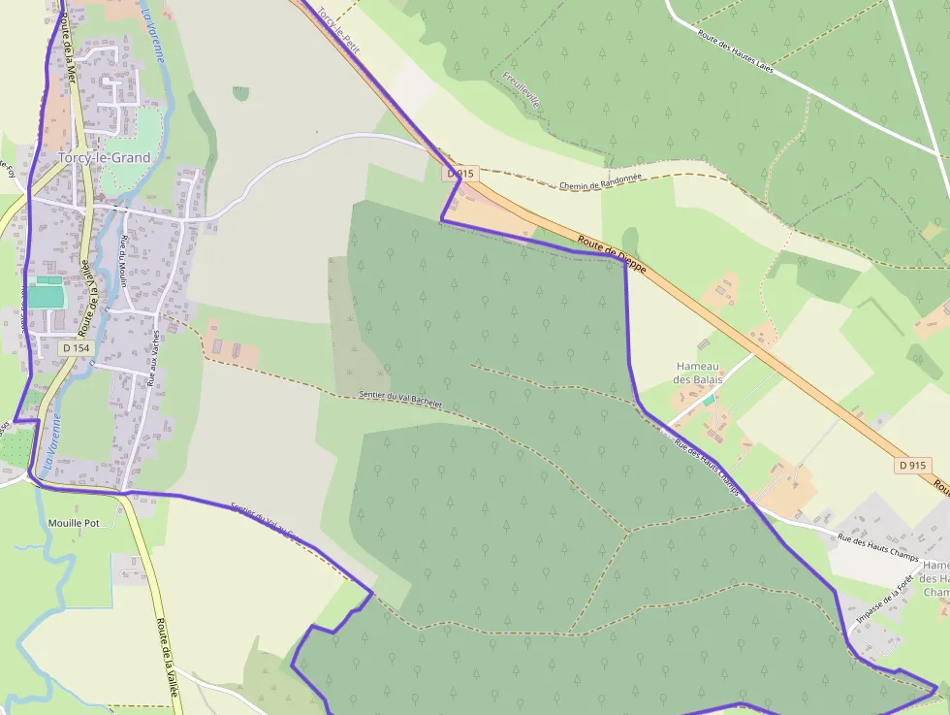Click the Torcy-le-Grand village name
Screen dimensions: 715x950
104,157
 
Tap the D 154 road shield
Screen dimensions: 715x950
74,347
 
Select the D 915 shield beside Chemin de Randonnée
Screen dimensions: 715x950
461,174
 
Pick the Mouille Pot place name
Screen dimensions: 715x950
74,522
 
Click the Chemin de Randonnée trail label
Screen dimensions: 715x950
601,184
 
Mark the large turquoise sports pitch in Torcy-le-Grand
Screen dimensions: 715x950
44,292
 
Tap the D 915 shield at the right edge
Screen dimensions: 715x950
913,466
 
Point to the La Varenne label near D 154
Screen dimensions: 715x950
51,441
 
